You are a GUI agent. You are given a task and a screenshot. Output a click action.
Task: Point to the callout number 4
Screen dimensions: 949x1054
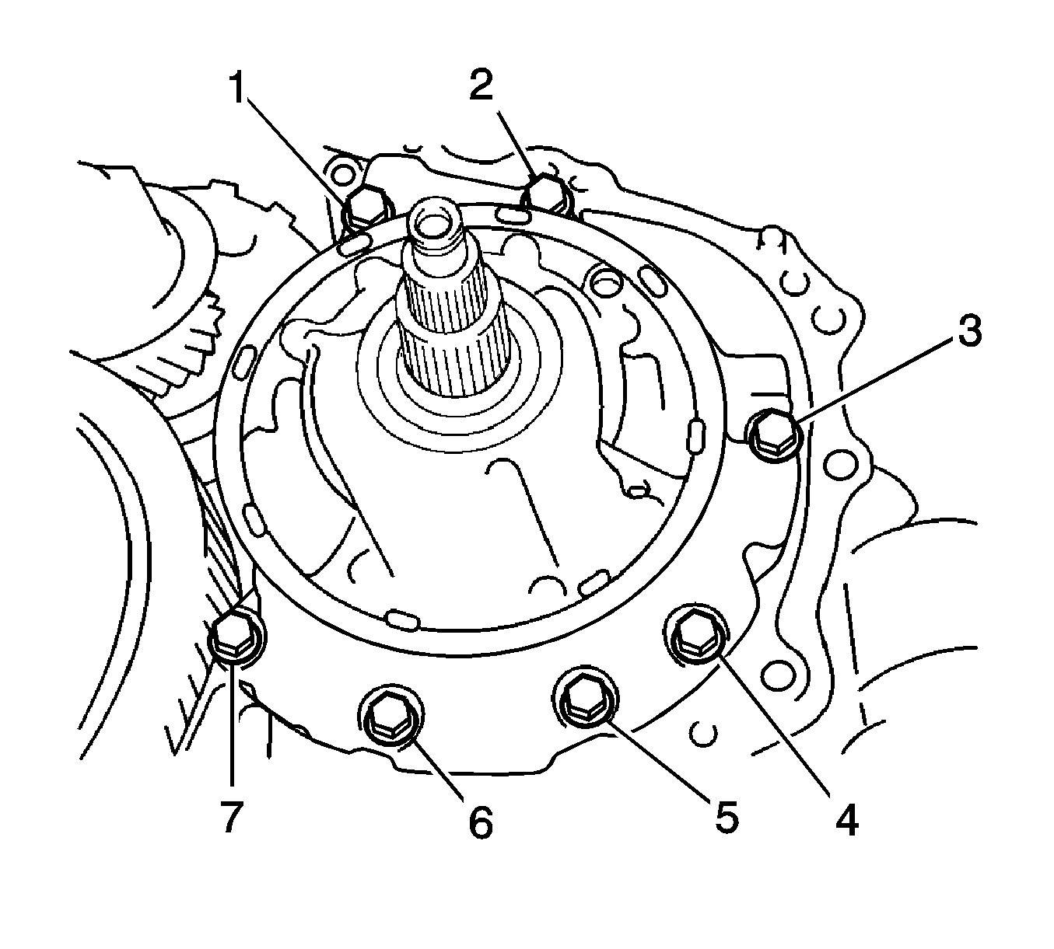click(x=846, y=820)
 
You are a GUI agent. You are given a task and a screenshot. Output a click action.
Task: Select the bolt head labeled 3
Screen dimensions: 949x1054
click(x=774, y=432)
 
